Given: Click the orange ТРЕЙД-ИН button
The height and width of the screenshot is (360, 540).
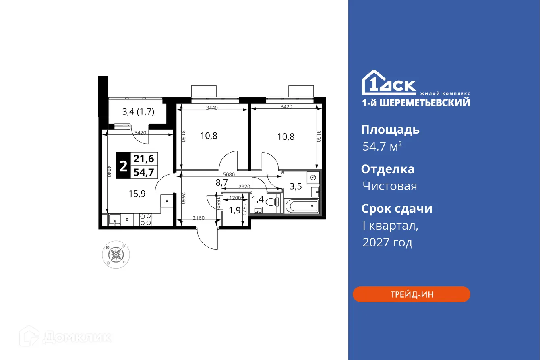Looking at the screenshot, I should [x=411, y=294].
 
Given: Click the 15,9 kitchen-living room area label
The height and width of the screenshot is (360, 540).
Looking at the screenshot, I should [x=137, y=193].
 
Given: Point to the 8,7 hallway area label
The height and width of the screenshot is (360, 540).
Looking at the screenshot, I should [x=221, y=182].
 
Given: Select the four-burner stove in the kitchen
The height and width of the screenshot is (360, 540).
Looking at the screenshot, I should [x=145, y=219].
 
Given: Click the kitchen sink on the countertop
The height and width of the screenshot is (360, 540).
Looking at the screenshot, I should [x=115, y=219].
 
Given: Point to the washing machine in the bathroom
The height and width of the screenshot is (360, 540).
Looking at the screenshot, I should [x=313, y=177].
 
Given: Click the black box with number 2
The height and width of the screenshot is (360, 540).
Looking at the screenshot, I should [x=123, y=166].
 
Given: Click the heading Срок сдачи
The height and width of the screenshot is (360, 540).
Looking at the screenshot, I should [x=397, y=209].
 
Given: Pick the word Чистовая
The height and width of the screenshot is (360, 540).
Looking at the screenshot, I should [x=389, y=186].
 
